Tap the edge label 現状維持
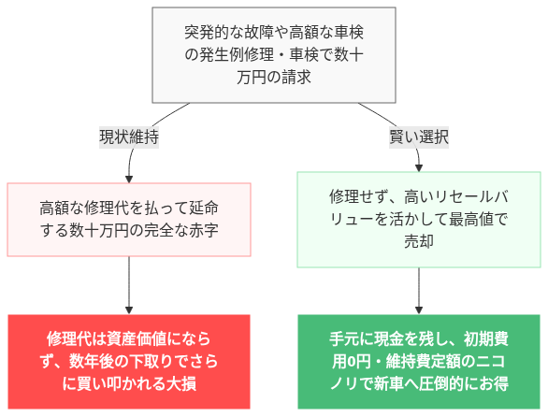(129, 137)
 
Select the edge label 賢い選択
(419, 137)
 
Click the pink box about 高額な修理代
(129, 218)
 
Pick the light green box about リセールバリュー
(419, 219)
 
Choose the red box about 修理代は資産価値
(129, 361)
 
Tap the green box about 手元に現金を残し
(419, 361)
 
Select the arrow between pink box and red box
(129, 285)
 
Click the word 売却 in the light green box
(419, 241)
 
